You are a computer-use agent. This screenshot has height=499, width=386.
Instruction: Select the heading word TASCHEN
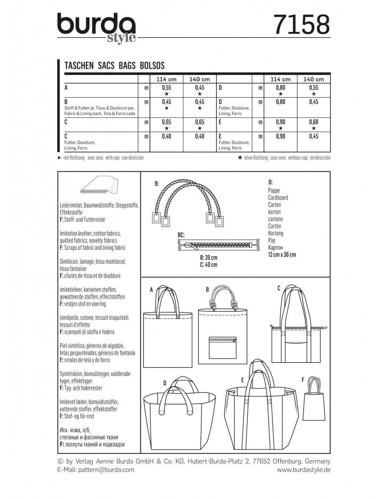pos(79,66)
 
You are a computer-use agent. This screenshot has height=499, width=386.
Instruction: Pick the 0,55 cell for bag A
pos(166,88)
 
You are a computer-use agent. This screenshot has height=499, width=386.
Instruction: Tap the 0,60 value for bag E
pos(314,122)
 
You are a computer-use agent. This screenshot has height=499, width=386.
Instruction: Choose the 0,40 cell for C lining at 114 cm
pos(166,136)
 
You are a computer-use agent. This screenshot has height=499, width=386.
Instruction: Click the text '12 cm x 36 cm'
pos(282,254)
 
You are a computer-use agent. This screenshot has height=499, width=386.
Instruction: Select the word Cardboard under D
pos(278,198)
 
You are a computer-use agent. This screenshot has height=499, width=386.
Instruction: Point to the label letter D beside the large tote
pos(165,383)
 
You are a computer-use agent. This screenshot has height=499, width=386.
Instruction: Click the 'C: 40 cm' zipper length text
pos(208,265)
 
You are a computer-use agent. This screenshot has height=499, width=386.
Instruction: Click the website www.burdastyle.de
pos(304,470)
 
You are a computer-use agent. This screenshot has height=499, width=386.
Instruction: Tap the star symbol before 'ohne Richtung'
pos(240,158)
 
